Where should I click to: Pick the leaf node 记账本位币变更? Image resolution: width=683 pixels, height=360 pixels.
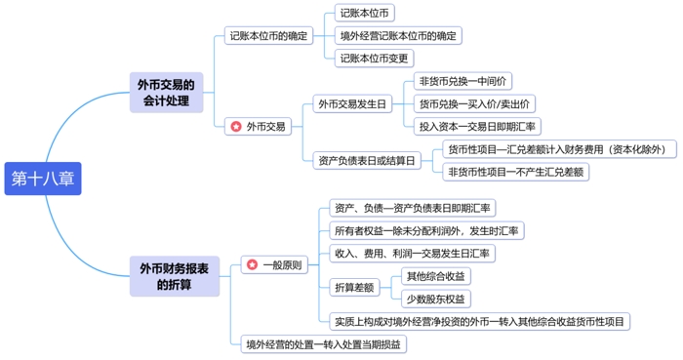click(x=374, y=58)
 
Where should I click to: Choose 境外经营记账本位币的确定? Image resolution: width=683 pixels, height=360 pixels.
click(x=397, y=36)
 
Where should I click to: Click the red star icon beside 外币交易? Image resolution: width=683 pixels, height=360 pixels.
click(x=235, y=126)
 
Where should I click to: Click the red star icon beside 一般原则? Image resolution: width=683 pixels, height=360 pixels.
click(x=252, y=264)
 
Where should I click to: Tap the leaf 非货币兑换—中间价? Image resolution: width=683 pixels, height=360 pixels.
click(x=462, y=81)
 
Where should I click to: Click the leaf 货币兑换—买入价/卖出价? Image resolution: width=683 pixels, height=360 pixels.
click(x=475, y=103)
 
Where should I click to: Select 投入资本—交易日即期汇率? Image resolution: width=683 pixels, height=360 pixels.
click(x=478, y=126)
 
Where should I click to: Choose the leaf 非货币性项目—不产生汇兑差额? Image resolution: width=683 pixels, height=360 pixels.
click(x=516, y=172)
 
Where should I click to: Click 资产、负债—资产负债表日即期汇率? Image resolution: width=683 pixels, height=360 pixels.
click(x=413, y=208)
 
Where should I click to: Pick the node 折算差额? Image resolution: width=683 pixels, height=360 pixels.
click(x=354, y=287)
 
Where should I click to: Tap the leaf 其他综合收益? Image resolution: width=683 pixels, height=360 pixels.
click(x=436, y=276)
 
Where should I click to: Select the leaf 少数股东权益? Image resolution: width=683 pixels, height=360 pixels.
click(x=436, y=299)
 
